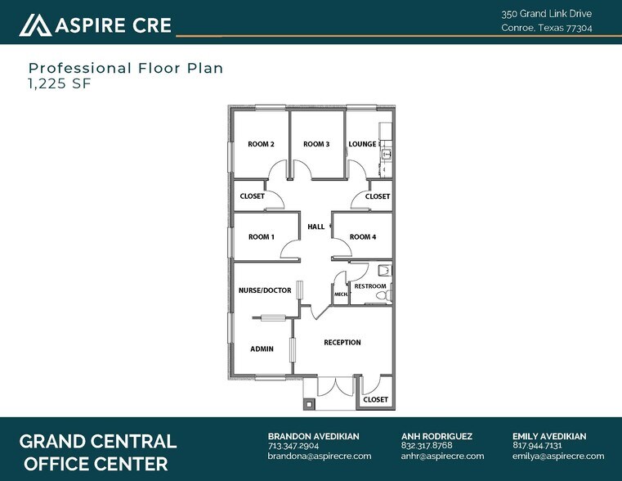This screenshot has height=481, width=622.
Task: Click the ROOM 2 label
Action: click(x=261, y=145)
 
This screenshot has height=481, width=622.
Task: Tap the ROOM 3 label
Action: click(x=316, y=145)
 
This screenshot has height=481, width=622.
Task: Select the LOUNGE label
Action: click(x=362, y=145)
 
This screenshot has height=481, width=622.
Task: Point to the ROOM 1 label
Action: click(x=261, y=237)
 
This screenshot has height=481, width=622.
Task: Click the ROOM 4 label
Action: click(x=362, y=237)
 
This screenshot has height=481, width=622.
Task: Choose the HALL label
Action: click(x=315, y=227)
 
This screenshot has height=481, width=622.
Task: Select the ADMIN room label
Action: click(x=262, y=349)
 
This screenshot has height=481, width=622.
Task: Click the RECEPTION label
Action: click(x=342, y=343)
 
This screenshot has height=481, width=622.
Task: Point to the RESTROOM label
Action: click(x=369, y=286)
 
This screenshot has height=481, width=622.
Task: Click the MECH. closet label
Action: click(x=340, y=294)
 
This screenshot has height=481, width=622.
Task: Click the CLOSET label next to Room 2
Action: click(x=252, y=196)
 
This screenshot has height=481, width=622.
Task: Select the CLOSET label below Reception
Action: click(x=375, y=400)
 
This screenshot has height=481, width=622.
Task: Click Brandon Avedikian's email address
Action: click(x=320, y=456)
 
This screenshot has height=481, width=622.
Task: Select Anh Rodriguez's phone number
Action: click(x=426, y=446)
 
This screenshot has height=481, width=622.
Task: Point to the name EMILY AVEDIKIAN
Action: click(x=549, y=436)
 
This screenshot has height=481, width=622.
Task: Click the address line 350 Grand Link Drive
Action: click(x=546, y=14)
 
